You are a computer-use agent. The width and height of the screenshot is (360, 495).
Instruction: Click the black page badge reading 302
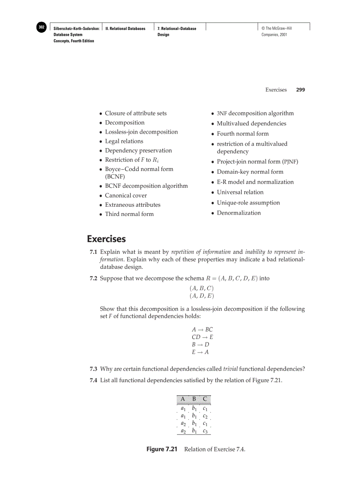[x=41, y=28]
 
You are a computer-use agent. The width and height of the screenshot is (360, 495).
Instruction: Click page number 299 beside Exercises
[x=300, y=89]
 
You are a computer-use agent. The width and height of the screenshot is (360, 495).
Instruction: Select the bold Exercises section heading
[x=106, y=239]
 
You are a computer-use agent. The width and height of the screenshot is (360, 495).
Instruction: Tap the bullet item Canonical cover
[x=126, y=195]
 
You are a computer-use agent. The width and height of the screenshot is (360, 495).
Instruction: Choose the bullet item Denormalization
[x=238, y=213]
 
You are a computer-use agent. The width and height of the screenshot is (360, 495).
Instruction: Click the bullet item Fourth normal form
[x=242, y=134]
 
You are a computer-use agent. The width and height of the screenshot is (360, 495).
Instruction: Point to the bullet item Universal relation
[x=240, y=192]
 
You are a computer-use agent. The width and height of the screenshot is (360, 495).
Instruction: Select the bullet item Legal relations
[x=124, y=141]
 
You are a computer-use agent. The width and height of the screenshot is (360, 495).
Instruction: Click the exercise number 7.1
[x=94, y=252]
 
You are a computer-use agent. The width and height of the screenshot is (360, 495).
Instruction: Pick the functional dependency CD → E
[x=202, y=337]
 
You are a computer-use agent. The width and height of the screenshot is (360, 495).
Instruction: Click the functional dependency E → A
[x=200, y=352]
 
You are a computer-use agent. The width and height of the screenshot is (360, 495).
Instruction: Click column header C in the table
[x=205, y=399]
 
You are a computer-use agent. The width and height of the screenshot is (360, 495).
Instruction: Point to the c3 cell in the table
[x=205, y=431]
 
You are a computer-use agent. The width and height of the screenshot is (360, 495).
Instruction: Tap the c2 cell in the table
[x=205, y=415]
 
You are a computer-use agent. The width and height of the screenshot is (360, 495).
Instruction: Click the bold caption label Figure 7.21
[x=161, y=449]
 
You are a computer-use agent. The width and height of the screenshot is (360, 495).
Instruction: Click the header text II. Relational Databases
[x=125, y=28]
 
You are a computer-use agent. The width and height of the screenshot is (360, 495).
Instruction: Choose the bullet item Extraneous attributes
[x=132, y=205]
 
